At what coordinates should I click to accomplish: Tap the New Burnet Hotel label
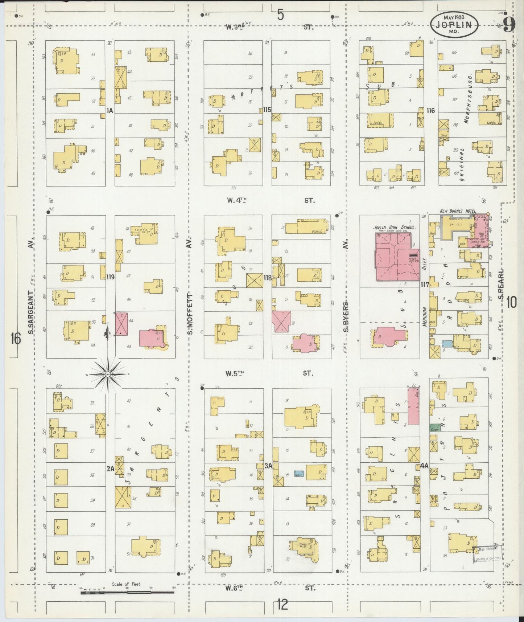click(458, 211)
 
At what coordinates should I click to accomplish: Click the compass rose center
click(108, 374)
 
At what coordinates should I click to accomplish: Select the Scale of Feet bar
click(127, 593)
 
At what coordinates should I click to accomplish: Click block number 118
click(268, 278)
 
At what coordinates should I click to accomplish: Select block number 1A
click(110, 110)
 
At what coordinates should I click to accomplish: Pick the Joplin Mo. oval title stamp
click(454, 25)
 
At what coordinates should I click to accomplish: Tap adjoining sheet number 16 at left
click(15, 338)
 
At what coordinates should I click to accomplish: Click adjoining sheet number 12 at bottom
click(282, 604)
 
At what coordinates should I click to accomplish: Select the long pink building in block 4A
click(413, 406)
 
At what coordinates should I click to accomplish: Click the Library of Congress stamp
click(488, 554)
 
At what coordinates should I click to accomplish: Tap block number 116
click(431, 110)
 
